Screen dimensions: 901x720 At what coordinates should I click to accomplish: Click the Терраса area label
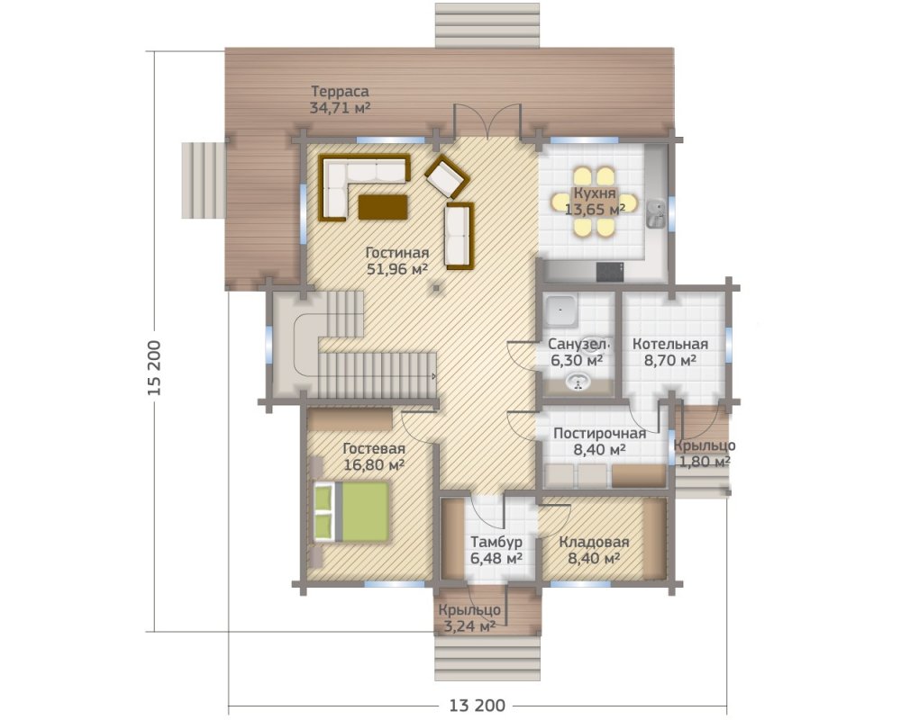point(340,99)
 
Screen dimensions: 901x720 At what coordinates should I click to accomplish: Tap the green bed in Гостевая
point(351,511)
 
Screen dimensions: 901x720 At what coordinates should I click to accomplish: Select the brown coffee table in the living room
point(383,207)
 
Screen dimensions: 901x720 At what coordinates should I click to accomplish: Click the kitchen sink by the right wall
point(656,214)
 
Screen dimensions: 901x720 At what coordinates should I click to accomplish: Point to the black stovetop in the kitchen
point(610,272)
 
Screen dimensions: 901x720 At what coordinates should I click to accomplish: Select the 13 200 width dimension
point(478,705)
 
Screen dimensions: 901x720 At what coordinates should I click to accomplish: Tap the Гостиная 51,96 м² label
point(397,261)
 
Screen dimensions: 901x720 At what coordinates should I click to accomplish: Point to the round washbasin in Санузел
point(577,382)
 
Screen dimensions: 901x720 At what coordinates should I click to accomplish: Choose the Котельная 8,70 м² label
point(670,352)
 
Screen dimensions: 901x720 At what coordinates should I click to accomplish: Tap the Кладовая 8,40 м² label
point(594,550)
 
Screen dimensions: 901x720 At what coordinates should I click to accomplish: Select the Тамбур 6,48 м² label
point(496,550)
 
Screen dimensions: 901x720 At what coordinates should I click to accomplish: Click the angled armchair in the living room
point(445,175)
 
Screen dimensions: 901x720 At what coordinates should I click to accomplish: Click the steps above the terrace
point(487,25)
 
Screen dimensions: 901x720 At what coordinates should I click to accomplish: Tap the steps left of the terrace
point(204,180)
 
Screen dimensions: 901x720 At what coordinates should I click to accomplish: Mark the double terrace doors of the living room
point(487,121)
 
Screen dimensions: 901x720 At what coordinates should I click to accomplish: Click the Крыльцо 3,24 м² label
point(469,617)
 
